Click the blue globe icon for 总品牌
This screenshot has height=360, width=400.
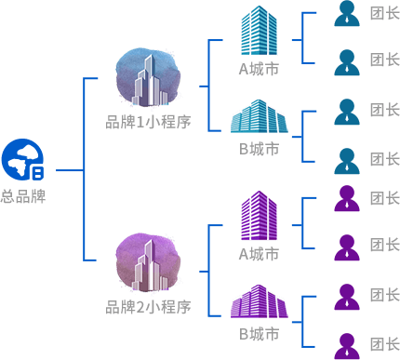point(22,159)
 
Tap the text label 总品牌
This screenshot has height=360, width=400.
point(23,196)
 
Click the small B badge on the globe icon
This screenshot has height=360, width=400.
point(38,173)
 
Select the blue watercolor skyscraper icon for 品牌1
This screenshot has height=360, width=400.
point(148,77)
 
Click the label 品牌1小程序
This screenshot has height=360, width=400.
point(148,122)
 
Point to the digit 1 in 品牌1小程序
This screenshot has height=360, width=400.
point(140,122)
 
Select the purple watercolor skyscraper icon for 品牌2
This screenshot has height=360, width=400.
point(148,262)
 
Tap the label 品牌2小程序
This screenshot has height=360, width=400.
point(148,307)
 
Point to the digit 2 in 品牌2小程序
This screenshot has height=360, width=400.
point(140,307)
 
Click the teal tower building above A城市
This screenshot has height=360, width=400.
point(259,31)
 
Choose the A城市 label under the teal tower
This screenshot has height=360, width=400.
point(259,69)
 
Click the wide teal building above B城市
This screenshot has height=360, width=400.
point(259,116)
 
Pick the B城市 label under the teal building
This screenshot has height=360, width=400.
point(259,149)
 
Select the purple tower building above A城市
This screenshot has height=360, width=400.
point(259,216)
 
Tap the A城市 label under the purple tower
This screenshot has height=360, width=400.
point(259,254)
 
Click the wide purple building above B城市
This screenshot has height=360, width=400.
point(259,301)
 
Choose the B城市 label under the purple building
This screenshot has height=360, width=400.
point(259,334)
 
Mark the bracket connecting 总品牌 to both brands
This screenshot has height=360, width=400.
point(84,170)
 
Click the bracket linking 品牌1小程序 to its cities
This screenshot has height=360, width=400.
point(208,86)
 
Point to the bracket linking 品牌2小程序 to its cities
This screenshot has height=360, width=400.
point(208,271)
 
